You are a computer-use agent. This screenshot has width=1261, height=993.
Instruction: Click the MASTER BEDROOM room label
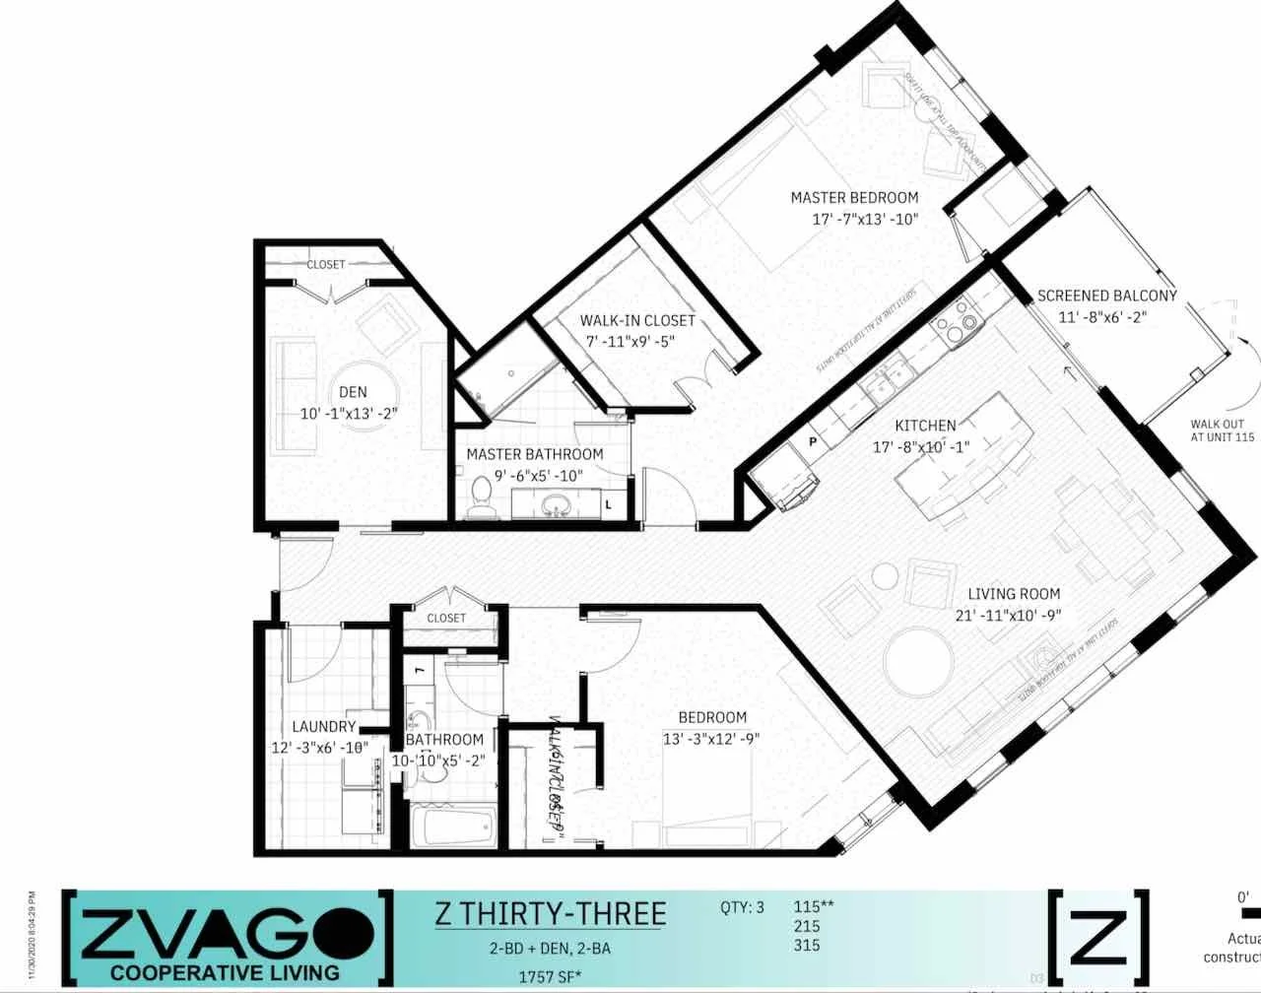[854, 198]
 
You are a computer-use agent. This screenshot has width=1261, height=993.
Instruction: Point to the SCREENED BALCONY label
[1106, 296]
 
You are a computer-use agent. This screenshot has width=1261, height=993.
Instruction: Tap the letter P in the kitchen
[814, 441]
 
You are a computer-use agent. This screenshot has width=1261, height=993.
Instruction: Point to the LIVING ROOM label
[1014, 594]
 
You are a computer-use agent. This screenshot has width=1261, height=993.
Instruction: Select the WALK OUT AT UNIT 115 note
[1222, 430]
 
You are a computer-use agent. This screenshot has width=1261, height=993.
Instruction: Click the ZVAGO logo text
[227, 936]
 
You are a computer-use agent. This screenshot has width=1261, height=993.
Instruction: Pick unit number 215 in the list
[806, 926]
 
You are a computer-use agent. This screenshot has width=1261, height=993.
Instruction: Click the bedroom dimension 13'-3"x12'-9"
[711, 739]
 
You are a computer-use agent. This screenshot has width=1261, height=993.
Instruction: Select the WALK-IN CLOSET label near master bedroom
[636, 320]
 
